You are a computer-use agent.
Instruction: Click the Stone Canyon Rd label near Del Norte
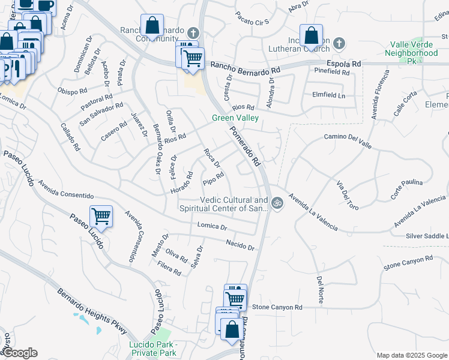[277, 307]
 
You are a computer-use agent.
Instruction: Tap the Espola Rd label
[344, 62]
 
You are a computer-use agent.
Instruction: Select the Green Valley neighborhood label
[235, 118]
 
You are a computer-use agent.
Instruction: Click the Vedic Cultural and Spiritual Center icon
[277, 203]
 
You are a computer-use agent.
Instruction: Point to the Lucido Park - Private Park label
[153, 349]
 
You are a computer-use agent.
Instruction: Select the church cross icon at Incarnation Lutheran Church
[339, 43]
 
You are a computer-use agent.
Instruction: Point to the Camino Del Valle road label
[348, 140]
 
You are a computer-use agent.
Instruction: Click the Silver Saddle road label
[427, 236]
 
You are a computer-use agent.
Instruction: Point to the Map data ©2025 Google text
[411, 355]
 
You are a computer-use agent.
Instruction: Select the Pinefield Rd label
[331, 71]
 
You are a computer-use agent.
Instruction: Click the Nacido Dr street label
[240, 245]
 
